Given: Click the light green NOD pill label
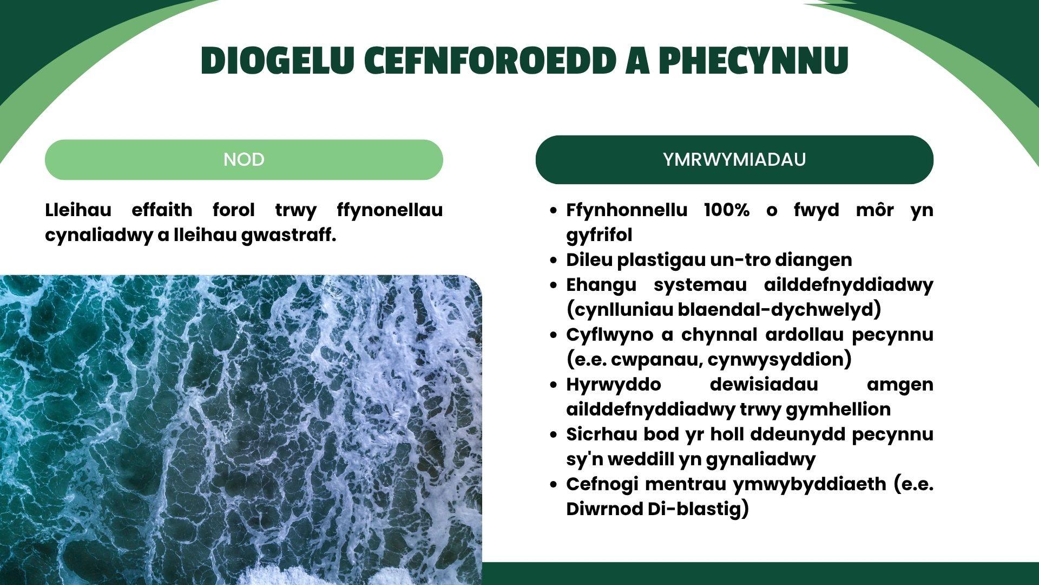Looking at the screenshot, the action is click(x=244, y=160).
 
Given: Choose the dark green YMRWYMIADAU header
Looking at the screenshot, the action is click(x=734, y=160).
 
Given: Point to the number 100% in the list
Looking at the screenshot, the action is click(x=727, y=210).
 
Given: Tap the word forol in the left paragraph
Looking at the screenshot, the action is click(x=233, y=210).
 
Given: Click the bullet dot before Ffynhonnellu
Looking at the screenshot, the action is click(x=553, y=211).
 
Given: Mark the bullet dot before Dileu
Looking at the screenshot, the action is click(x=553, y=261).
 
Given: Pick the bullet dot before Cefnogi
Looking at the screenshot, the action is click(x=553, y=485).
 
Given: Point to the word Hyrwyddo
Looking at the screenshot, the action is click(x=614, y=385).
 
